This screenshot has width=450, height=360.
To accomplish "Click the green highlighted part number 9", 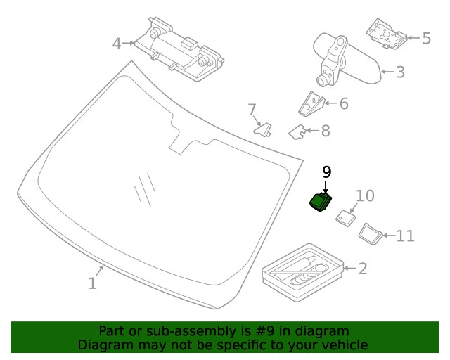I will coord(321,201).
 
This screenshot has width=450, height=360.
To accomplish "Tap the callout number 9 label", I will coord(326,172).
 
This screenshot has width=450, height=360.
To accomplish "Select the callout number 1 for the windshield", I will coord(92,283).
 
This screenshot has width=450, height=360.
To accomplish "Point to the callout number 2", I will coord(362,268).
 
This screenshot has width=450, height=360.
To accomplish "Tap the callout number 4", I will coord(117,44).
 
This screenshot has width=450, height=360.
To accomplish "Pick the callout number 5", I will coord(426,38).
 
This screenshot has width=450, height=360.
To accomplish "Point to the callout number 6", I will coord(343,104).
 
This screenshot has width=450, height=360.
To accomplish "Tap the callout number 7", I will coord(252,110).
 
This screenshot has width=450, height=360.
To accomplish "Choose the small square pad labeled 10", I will coord(345,217).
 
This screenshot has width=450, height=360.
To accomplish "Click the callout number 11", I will coord(405,236).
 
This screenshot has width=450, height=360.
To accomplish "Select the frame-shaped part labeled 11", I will coord(370,232).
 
